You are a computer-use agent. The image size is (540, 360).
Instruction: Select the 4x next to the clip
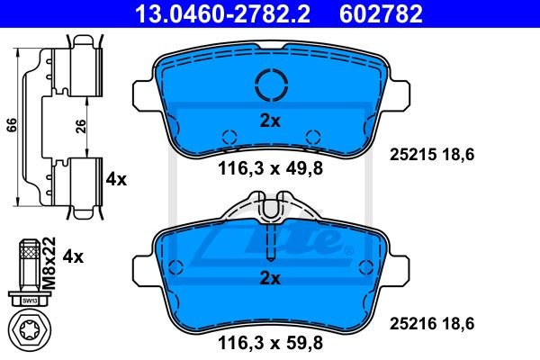116,179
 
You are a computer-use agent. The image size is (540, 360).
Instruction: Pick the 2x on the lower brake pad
270,279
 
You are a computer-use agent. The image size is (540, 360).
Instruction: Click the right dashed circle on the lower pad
365,266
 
